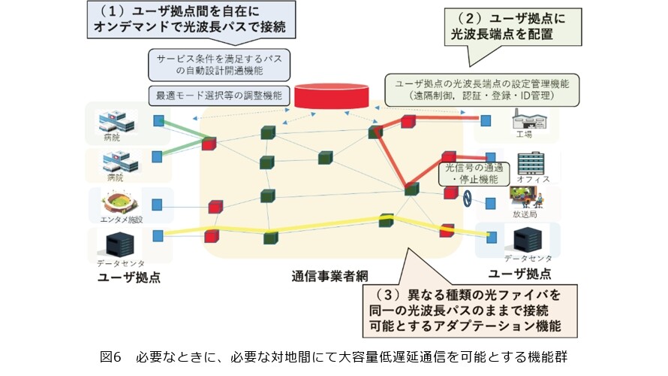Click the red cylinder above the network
coord(332,96)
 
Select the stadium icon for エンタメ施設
coord(121,204)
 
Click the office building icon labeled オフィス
coord(531,163)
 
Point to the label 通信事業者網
coord(329,276)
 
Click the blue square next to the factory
coord(486,121)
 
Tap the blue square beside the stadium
coord(157,205)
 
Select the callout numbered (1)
coord(191,20)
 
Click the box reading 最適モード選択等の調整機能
coord(219,96)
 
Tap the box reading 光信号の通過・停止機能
coord(474,173)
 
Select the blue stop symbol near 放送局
coord(468,199)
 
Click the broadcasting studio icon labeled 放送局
coord(527,197)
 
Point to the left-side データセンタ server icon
coord(119,244)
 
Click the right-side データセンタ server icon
coord(528,239)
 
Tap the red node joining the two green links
coord(209,144)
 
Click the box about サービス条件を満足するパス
coord(219,65)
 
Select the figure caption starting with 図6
coord(333,356)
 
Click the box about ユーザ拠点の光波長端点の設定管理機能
coord(482,89)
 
